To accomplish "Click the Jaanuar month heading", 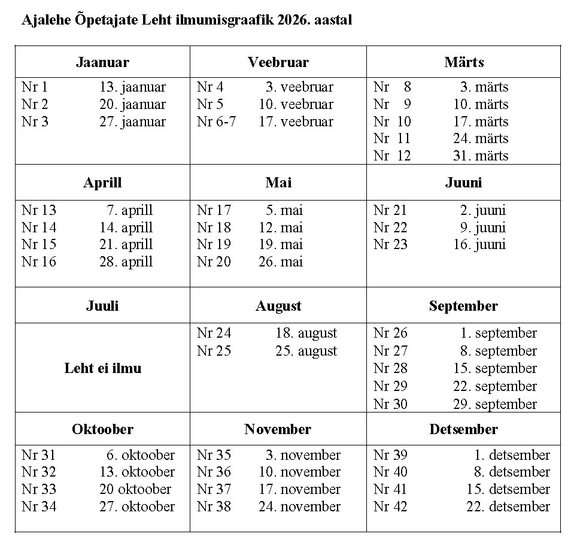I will tap(102, 62).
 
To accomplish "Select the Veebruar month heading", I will tap(278, 62).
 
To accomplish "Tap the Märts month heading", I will tap(464, 62).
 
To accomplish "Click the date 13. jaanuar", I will tap(132, 87).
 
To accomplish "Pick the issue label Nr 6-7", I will tap(216, 122).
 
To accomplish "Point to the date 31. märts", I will tap(481, 156).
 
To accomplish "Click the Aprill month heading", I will tap(102, 183).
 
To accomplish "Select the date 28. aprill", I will tap(126, 262).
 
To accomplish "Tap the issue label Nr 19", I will tap(214, 244).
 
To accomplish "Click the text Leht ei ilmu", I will tap(102, 368).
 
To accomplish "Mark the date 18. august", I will tap(306, 333).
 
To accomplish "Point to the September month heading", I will tap(463, 306).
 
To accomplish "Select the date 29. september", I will tap(494, 404).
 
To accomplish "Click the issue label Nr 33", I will tap(39, 489).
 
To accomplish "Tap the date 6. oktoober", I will tap(141, 455).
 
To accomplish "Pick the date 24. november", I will tap(299, 507).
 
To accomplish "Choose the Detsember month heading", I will tap(463, 429).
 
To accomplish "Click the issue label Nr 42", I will tap(390, 507).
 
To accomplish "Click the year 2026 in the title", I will tap(292, 20).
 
